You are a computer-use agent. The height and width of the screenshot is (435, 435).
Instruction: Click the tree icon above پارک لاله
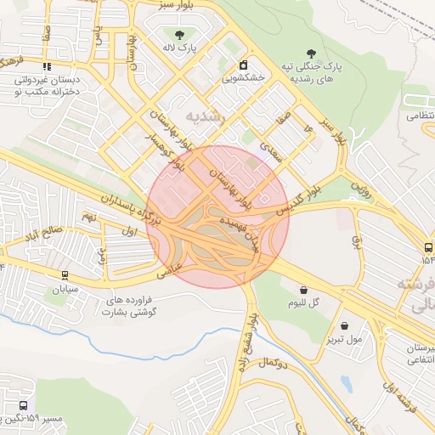180,33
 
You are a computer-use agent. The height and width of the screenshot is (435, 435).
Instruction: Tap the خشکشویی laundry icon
244,65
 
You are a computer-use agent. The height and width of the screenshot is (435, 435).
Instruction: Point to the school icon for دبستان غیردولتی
48,65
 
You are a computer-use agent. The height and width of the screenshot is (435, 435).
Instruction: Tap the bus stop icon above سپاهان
65,275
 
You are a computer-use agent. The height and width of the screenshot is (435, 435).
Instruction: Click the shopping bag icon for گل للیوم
303,290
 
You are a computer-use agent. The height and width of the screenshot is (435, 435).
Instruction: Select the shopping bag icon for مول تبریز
344,325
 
